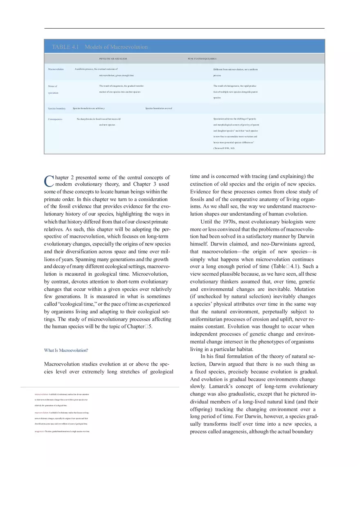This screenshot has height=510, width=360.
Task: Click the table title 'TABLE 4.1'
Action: (65, 47)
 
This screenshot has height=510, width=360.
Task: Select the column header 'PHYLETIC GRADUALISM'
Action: (113, 59)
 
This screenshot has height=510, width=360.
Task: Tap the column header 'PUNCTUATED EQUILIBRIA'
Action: (202, 59)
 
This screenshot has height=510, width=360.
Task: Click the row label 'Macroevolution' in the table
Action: (56, 70)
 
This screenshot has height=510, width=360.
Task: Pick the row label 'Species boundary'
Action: (57, 108)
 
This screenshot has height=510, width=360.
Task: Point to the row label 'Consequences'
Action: (55, 119)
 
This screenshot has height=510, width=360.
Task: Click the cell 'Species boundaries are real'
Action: (159, 108)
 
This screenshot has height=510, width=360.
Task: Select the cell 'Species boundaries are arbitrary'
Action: (89, 108)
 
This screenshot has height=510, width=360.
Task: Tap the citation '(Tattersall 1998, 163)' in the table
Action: (224, 148)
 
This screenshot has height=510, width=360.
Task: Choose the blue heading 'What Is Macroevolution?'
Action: (66, 350)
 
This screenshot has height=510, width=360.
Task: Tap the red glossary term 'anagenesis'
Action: (40, 431)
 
